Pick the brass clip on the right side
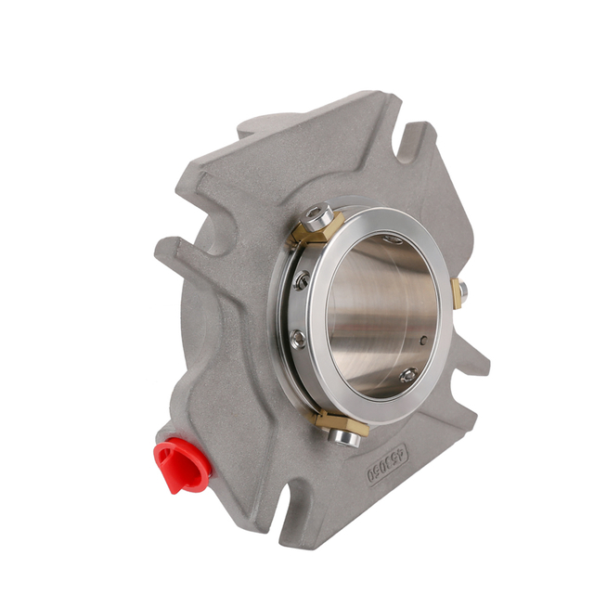456,291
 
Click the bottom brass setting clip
339,425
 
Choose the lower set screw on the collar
297,340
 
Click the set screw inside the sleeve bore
408,376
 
